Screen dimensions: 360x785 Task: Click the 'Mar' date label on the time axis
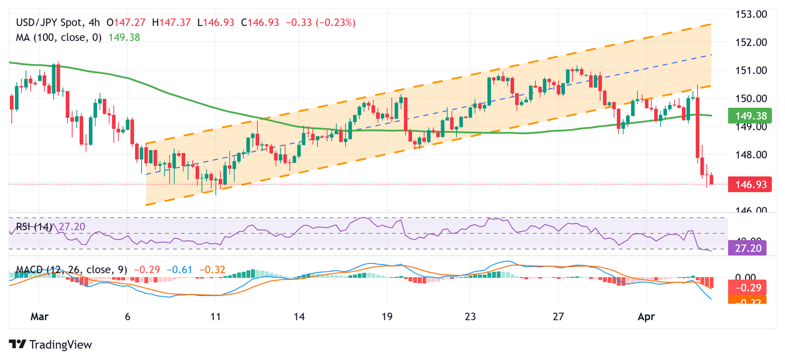click(39, 317)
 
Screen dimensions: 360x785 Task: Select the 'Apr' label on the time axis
click(646, 317)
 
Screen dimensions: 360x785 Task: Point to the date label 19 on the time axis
click(387, 317)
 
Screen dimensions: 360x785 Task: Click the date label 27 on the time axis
click(558, 317)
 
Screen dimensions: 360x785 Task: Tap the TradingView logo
click(51, 345)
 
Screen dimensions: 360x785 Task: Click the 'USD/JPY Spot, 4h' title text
click(58, 22)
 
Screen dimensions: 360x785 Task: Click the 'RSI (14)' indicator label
click(34, 227)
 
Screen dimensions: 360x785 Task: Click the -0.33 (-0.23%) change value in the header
click(320, 22)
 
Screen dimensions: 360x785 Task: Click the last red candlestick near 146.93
click(711, 179)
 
